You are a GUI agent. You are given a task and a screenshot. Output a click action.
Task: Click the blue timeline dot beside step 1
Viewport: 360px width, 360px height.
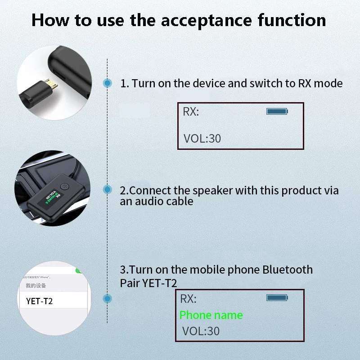[108, 83]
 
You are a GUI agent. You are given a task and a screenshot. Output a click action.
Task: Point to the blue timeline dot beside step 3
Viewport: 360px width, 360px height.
[108, 298]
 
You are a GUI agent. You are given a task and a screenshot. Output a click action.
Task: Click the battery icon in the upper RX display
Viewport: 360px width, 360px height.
[277, 111]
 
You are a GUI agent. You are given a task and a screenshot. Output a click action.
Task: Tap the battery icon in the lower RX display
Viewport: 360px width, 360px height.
[277, 297]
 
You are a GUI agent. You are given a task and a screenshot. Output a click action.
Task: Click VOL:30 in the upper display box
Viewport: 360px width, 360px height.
[202, 139]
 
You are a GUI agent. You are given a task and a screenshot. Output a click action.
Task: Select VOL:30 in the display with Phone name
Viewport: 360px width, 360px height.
[201, 332]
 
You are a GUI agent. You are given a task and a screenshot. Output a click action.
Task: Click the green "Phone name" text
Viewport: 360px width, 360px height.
[211, 315]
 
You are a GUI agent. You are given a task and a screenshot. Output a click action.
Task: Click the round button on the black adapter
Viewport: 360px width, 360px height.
[63, 186]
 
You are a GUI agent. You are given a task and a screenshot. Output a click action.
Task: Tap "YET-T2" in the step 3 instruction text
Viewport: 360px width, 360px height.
[161, 283]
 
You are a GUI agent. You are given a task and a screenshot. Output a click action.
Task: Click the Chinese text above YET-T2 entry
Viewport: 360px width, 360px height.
[36, 286]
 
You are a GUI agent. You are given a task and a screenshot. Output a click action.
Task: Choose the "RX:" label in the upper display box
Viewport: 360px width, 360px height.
[191, 112]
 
